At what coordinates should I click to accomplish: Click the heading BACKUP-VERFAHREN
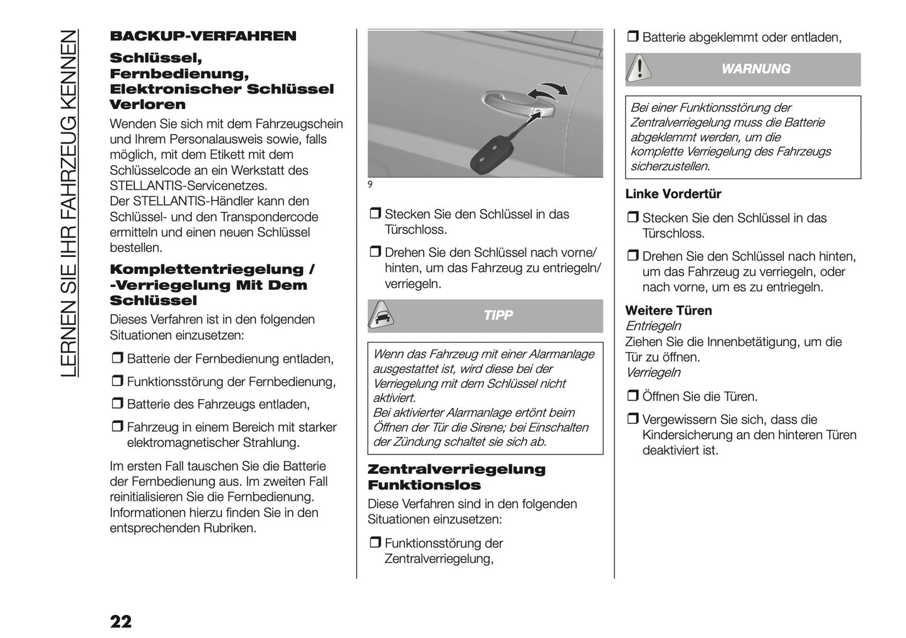coord(203,36)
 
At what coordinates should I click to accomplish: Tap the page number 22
coord(121,621)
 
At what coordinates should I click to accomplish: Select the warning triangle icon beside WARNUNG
coord(639,68)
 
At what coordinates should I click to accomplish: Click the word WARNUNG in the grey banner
coord(756,69)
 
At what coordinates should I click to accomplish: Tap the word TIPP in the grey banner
coord(498,315)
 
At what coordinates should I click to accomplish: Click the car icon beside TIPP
coord(381,315)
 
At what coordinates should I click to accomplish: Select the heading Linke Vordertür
coord(673,194)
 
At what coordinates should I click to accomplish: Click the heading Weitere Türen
coord(668,311)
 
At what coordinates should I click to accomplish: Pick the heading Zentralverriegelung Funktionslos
coord(456,477)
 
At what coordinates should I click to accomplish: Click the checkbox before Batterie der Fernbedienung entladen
coord(117,359)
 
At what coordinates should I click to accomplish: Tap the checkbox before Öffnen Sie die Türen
coord(632,397)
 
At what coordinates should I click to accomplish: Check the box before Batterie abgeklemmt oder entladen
coord(632,38)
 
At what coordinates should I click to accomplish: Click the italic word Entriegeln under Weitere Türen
coord(653,326)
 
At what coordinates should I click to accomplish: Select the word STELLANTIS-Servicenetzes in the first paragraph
coord(188,186)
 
